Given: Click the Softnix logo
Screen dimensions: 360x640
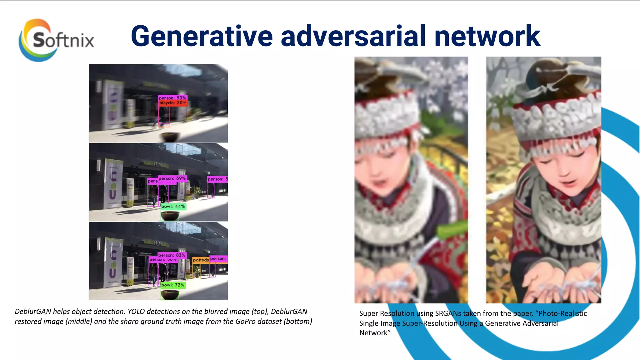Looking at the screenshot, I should [x=56, y=40].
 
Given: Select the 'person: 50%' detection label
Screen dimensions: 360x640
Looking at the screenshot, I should [x=172, y=98].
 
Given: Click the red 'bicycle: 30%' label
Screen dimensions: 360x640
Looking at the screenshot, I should [x=173, y=103].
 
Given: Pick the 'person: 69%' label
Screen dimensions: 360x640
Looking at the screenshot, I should [x=172, y=178].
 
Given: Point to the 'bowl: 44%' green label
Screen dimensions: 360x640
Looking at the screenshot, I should [x=173, y=207].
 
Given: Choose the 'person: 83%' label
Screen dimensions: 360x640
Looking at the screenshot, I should [x=172, y=255].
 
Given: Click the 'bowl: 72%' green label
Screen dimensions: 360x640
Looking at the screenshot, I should [x=173, y=285].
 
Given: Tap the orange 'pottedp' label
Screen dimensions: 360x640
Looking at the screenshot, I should [x=201, y=260].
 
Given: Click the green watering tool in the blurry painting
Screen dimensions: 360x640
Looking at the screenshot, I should [x=452, y=231].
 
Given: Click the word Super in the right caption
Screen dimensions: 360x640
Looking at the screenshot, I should [x=368, y=313].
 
